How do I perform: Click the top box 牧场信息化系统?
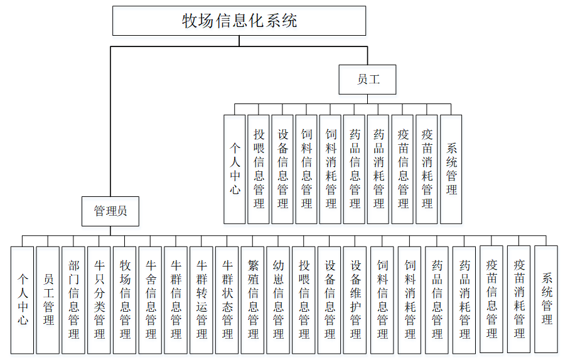[239, 21]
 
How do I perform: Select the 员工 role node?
[368, 80]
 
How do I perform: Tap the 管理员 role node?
[110, 211]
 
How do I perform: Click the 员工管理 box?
[48, 300]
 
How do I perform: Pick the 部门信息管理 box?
[73, 300]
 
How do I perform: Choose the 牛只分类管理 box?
[99, 300]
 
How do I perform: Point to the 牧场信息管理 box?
[125, 300]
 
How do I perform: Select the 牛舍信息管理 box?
[151, 300]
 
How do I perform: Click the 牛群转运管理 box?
[201, 300]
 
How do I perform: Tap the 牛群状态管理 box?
[227, 300]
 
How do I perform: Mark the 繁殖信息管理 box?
[253, 300]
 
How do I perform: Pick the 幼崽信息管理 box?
[278, 300]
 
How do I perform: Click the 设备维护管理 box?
[355, 300]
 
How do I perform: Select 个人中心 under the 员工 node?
[234, 169]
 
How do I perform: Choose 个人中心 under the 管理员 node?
[23, 300]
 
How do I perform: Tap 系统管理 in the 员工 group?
[451, 169]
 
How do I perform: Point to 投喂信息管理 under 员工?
[259, 169]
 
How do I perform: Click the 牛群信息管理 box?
[176, 300]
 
